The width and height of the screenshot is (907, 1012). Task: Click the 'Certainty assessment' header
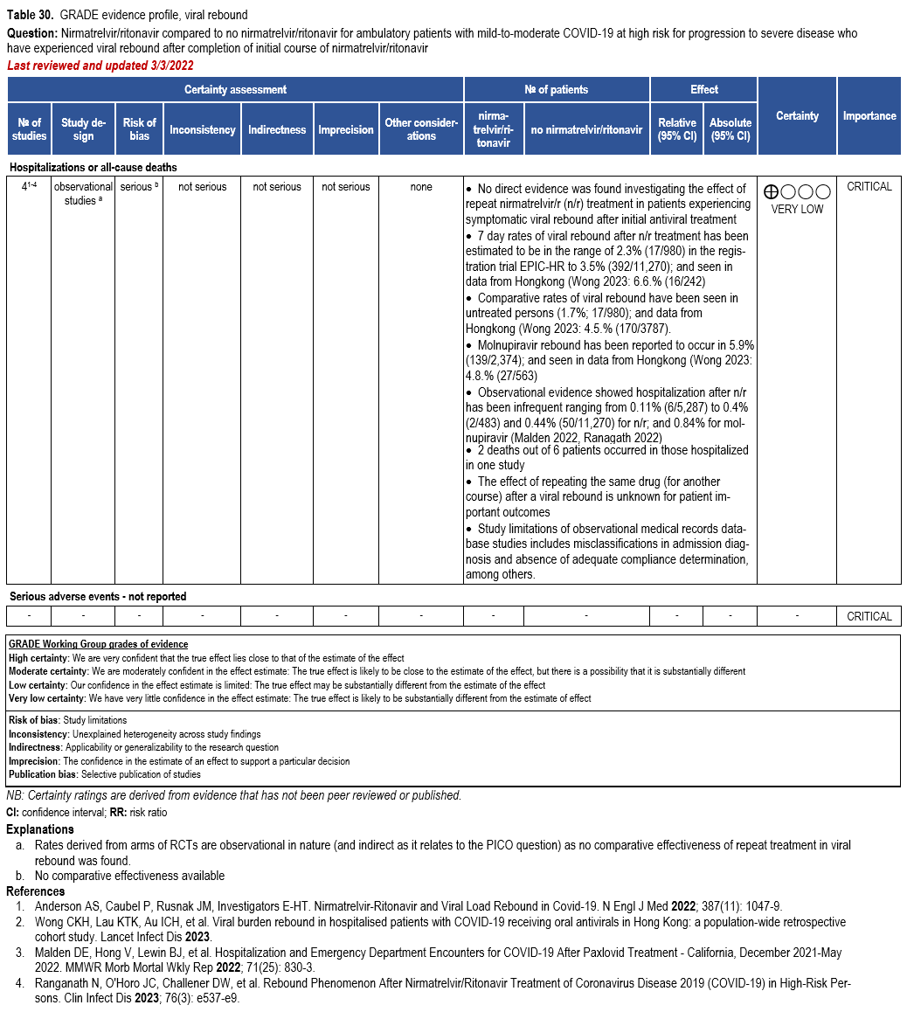[x=235, y=89]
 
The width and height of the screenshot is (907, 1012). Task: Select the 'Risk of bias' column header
[x=139, y=129]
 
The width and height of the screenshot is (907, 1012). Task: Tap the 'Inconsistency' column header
[x=202, y=129]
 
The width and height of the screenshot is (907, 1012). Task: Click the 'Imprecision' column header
[x=345, y=129]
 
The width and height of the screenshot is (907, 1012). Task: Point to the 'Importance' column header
[x=869, y=115]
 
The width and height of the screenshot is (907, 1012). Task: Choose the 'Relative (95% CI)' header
[x=677, y=129]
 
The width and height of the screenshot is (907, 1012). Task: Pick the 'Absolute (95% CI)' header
[x=730, y=129]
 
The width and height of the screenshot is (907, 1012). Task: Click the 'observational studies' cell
[x=83, y=193]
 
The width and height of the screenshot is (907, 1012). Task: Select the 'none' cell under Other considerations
[x=420, y=187]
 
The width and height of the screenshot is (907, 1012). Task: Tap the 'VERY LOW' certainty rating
[x=797, y=209]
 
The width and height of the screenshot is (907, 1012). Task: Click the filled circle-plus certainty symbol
[x=771, y=191]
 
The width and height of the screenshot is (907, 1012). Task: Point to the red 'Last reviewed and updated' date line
[x=100, y=66]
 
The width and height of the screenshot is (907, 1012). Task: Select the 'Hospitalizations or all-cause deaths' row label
[x=93, y=167]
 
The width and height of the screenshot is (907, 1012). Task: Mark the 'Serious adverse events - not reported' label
[x=98, y=597]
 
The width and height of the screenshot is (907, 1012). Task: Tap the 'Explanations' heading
[x=40, y=829]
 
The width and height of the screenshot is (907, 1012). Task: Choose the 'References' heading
[x=36, y=891]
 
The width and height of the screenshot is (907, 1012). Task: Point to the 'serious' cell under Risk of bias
[x=139, y=187]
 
